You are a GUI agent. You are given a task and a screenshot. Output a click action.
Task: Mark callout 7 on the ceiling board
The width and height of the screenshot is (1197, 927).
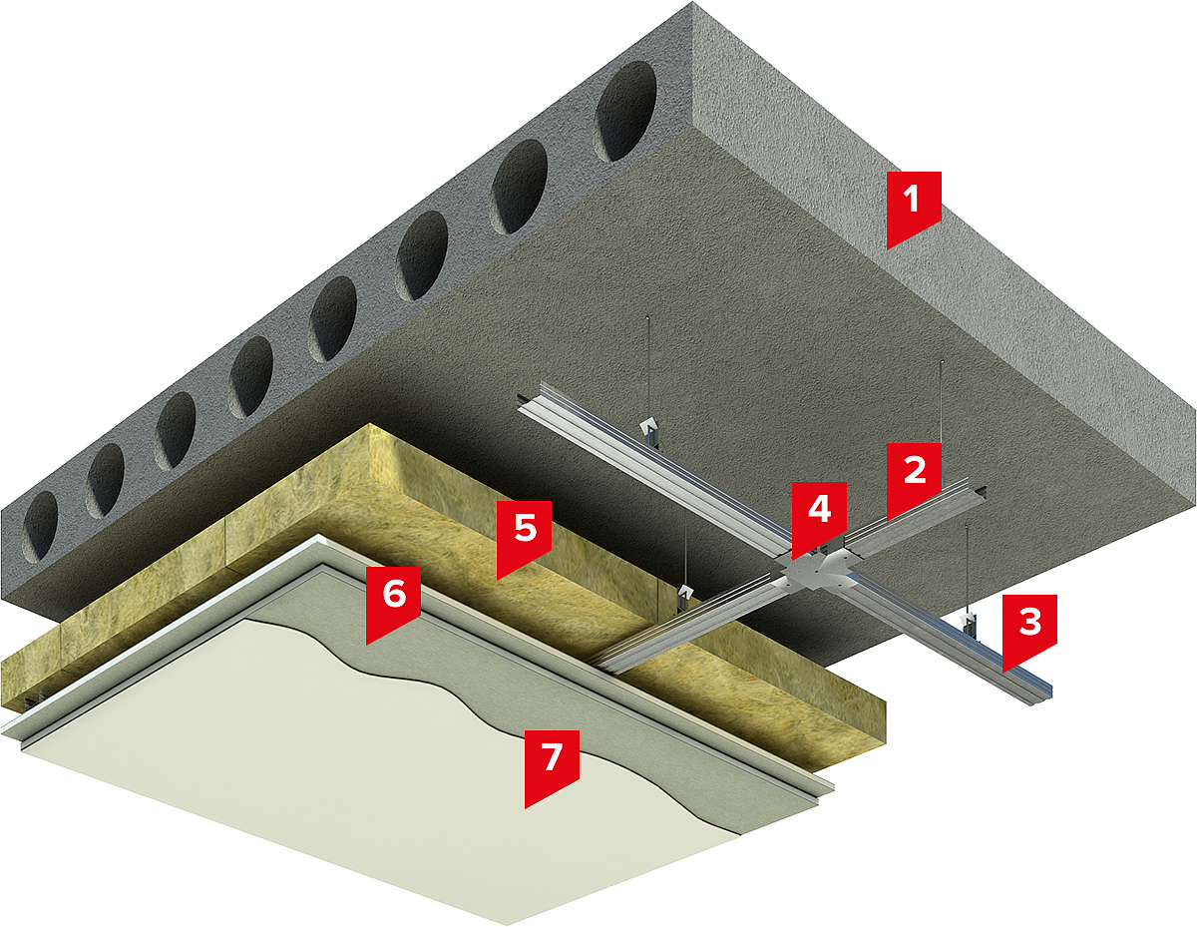[552, 767]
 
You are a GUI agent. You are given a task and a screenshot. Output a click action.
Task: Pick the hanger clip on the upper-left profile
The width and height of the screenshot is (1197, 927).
[649, 430]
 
